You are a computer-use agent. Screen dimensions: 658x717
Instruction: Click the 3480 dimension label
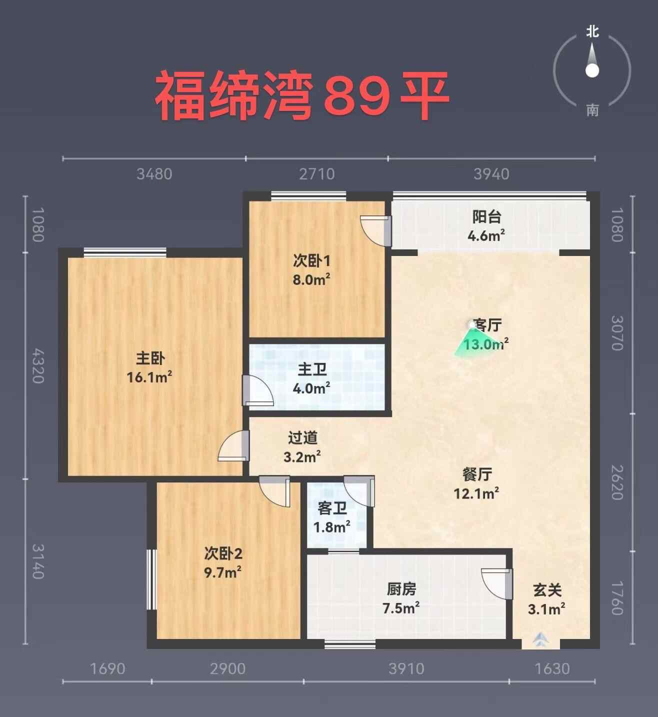(154, 174)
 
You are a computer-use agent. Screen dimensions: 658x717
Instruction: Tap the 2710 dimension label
(316, 174)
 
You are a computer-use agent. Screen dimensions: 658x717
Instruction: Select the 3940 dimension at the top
(491, 174)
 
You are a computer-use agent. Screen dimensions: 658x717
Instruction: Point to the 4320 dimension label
(38, 366)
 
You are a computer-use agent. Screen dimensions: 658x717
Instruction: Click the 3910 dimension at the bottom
(406, 668)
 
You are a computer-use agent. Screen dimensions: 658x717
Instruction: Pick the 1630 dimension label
(552, 668)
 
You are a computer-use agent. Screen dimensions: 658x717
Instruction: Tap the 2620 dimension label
(617, 482)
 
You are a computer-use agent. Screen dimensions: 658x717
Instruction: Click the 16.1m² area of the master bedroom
(149, 377)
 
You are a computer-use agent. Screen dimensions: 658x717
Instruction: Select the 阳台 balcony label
(487, 216)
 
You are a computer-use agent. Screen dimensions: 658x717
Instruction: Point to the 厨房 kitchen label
(401, 589)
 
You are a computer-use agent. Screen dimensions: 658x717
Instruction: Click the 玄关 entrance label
(547, 590)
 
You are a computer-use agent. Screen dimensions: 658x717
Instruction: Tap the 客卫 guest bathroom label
(332, 508)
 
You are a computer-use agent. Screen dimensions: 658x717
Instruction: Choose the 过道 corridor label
(302, 438)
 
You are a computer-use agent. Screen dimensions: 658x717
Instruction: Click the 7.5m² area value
(401, 608)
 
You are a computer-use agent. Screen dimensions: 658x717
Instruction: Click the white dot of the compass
(592, 71)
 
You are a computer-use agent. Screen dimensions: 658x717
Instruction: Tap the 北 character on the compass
(592, 32)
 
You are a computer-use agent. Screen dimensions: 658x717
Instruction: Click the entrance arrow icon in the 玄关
(541, 638)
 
